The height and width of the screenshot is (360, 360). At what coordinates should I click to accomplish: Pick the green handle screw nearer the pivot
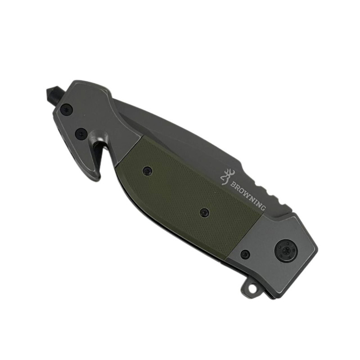click(204, 212)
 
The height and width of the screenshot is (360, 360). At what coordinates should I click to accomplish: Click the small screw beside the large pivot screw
click(245, 254)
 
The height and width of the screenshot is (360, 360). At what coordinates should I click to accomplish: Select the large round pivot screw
click(286, 251)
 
